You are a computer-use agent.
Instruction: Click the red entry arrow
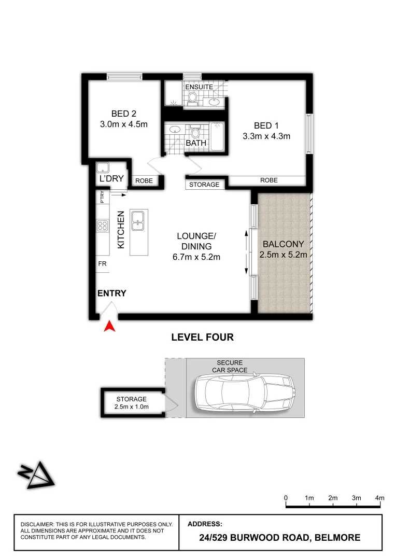click(109, 326)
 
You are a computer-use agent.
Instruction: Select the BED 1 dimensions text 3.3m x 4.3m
click(266, 136)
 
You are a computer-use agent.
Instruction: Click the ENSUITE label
click(199, 87)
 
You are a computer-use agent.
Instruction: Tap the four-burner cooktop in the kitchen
click(102, 226)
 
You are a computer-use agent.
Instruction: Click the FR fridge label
click(102, 263)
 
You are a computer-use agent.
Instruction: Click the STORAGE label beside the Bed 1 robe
click(204, 185)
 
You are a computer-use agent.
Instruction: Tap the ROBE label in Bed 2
click(144, 181)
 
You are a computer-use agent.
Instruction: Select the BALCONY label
click(283, 244)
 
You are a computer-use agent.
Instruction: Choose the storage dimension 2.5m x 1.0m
click(131, 407)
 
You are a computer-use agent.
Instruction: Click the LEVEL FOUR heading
click(202, 338)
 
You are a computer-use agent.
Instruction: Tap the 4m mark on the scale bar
click(380, 498)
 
